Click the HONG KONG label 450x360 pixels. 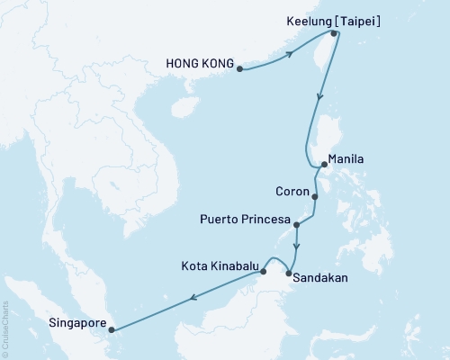point(200,64)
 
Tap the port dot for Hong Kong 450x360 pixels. point(239,67)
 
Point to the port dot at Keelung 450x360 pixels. point(334,34)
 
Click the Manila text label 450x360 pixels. point(346,159)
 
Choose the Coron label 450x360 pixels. point(292,191)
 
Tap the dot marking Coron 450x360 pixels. point(315,195)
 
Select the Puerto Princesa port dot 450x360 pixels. point(297,227)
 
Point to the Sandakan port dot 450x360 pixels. point(288,274)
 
